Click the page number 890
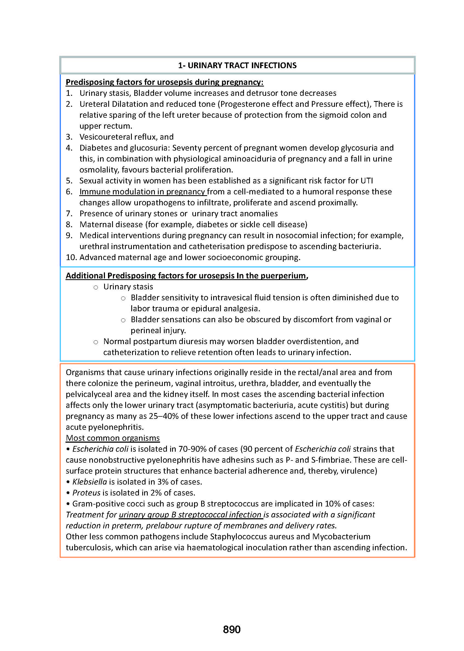[x=231, y=629]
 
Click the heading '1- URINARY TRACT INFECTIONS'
[x=237, y=65]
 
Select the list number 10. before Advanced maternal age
[x=71, y=257]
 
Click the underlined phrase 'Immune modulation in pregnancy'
[x=142, y=192]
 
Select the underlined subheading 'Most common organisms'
[x=113, y=438]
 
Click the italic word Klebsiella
[x=89, y=482]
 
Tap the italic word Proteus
[x=86, y=493]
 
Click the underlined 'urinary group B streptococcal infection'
[x=190, y=515]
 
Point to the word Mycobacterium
[x=341, y=537]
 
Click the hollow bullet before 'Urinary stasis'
[x=96, y=287]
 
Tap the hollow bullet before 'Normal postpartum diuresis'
[x=96, y=342]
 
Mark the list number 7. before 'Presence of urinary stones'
[x=69, y=214]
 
